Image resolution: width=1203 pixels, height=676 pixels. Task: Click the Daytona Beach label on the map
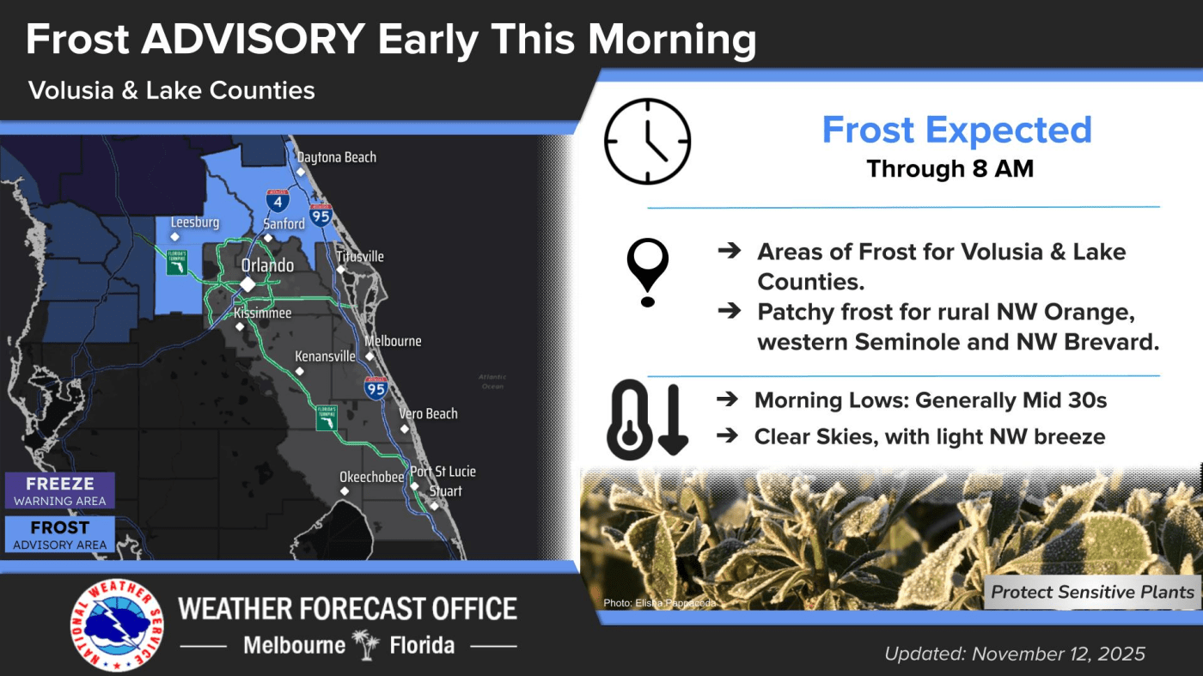click(x=337, y=157)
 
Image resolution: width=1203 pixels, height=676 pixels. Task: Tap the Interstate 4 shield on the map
click(x=278, y=200)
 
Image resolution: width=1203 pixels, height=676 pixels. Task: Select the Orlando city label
click(x=267, y=265)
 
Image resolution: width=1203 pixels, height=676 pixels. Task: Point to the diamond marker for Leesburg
click(x=174, y=237)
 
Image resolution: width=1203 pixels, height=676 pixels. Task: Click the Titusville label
click(x=360, y=257)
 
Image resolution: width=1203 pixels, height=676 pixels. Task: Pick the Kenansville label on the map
click(x=325, y=356)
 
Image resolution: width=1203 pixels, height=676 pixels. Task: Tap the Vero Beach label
click(x=428, y=414)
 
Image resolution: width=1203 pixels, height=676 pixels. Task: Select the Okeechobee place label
click(x=371, y=477)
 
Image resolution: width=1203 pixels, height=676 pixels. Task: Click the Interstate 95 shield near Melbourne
click(x=376, y=387)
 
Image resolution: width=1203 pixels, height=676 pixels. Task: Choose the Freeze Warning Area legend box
click(x=60, y=490)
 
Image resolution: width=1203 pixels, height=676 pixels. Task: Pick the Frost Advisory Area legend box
click(x=60, y=534)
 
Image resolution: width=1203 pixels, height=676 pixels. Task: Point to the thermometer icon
click(x=629, y=420)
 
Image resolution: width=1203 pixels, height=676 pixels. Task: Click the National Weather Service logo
click(x=117, y=625)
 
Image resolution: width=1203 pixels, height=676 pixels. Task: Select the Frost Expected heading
click(x=957, y=130)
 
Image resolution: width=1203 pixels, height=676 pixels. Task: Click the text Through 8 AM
click(x=950, y=168)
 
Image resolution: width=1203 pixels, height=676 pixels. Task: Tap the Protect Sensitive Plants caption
click(x=1092, y=592)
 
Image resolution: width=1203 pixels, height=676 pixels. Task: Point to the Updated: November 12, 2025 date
click(x=1015, y=654)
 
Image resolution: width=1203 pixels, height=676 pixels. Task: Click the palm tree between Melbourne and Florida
click(x=367, y=645)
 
